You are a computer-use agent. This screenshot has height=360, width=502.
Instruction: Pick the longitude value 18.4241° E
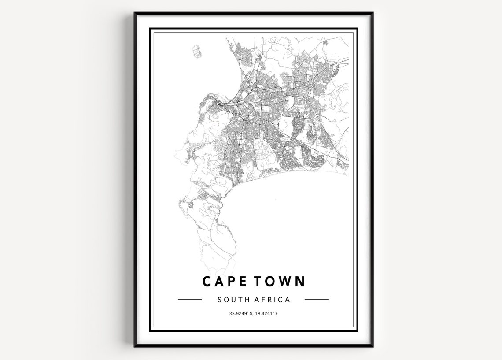point(266,314)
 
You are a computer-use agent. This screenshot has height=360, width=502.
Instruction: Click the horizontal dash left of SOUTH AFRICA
point(189,300)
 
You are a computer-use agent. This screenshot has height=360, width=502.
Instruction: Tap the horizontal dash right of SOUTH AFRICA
point(317,300)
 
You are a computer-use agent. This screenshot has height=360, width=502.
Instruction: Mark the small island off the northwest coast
point(196,51)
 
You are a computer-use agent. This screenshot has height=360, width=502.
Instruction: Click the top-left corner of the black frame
point(135,13)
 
